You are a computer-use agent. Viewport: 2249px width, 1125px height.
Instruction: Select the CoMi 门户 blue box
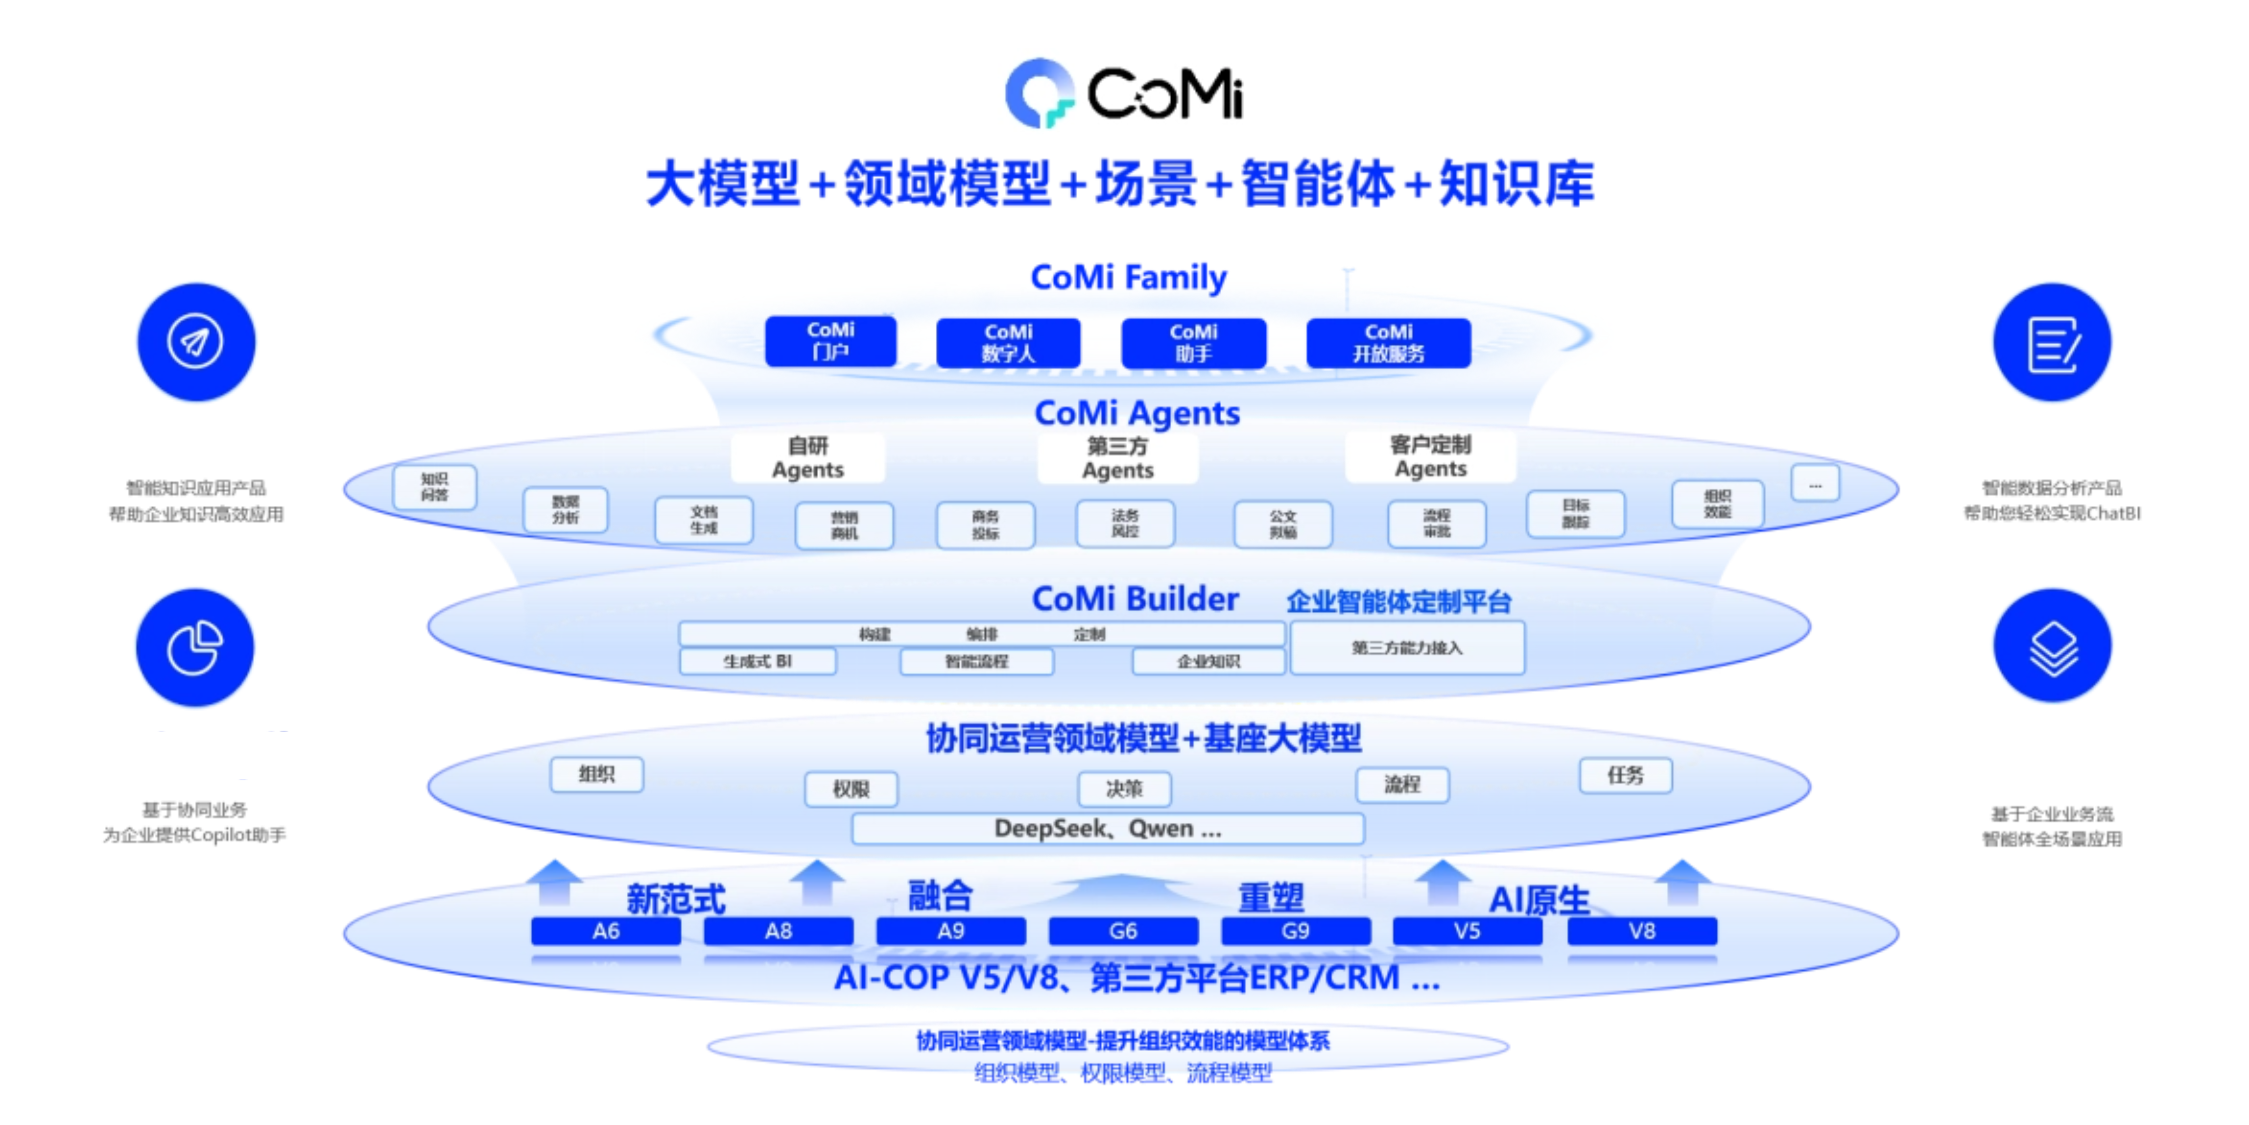830,342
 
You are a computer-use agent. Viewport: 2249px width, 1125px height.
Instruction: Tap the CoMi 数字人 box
1008,343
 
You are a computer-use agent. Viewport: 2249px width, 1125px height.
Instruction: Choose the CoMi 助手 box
1193,343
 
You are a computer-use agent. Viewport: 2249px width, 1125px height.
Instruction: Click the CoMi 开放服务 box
1388,343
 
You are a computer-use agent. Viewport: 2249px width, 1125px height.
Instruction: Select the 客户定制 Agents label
1430,457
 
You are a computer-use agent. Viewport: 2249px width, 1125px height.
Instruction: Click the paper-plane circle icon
196,342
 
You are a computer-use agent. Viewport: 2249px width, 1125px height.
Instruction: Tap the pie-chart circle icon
195,647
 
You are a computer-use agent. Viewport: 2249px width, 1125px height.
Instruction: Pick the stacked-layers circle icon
2053,647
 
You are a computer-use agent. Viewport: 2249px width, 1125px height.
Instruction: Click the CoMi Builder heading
1135,599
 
